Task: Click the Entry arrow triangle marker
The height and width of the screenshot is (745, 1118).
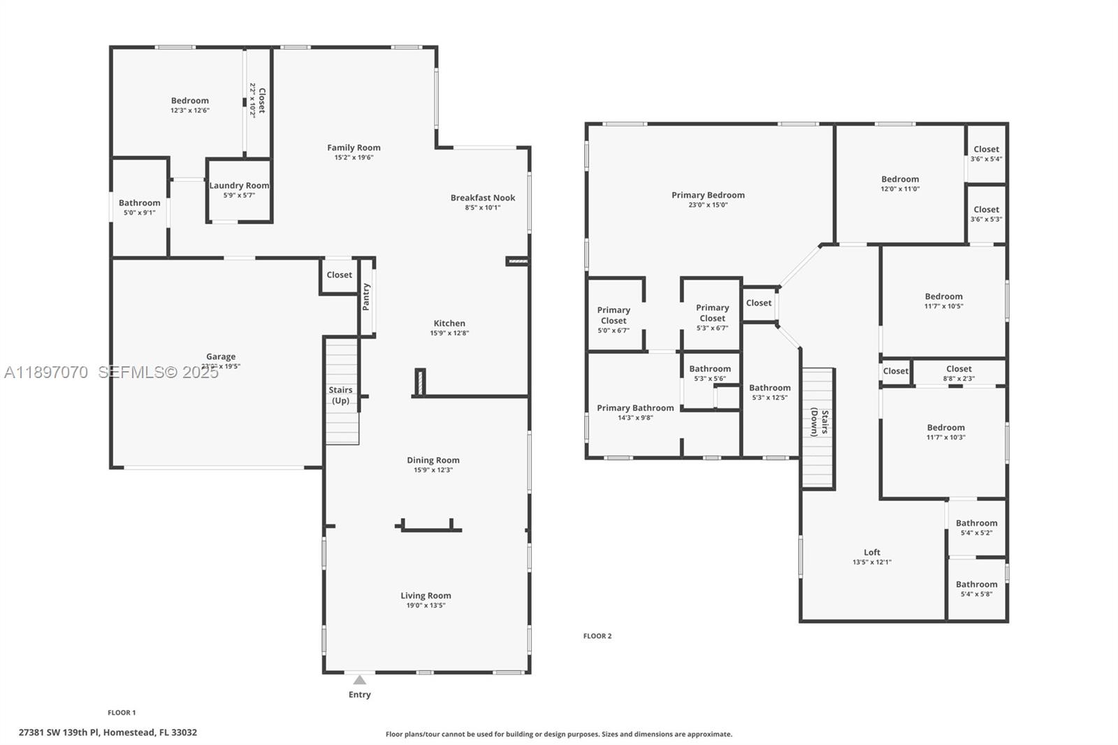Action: (359, 680)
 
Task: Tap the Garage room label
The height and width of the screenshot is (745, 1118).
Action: (221, 356)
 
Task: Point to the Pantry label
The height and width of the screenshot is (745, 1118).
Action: (366, 296)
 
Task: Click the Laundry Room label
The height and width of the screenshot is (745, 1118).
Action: (239, 185)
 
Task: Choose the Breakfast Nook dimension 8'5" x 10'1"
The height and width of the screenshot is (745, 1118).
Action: (482, 208)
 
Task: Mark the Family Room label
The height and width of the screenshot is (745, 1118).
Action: (354, 147)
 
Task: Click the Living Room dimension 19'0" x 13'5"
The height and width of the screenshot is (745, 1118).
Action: (426, 606)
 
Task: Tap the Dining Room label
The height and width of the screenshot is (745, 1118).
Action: (433, 460)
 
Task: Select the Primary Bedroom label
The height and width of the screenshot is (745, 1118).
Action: (708, 195)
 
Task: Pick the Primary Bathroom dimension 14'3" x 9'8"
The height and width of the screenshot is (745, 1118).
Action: (635, 418)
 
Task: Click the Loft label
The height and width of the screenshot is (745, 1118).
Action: (871, 552)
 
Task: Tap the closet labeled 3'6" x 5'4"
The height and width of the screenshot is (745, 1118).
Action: (986, 154)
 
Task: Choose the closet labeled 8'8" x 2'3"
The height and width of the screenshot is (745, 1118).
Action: (959, 373)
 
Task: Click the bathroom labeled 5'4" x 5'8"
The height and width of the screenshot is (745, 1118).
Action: (976, 589)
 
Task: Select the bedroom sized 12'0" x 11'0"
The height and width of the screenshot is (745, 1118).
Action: (900, 184)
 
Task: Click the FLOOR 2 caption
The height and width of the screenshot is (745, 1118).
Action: (597, 636)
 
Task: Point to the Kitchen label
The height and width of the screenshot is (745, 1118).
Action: (449, 323)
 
